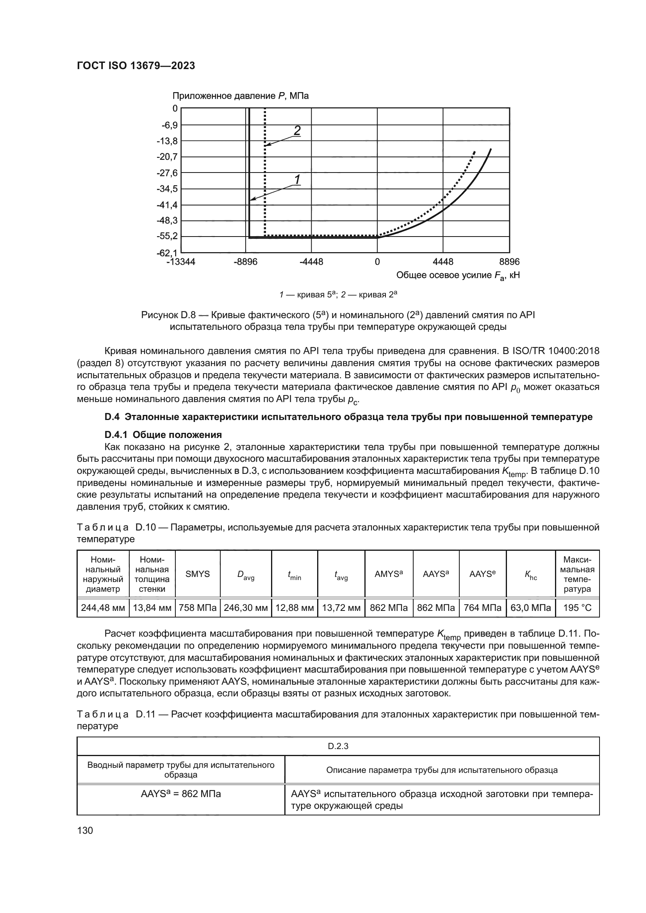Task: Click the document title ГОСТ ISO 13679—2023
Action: point(136,66)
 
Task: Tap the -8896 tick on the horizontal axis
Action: point(245,262)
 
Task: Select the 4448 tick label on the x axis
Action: point(443,262)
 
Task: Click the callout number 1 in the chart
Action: point(297,180)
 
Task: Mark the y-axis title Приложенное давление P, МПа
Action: point(240,96)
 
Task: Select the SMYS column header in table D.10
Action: point(197,574)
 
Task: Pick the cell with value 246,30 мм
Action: point(245,608)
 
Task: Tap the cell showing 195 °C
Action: point(577,608)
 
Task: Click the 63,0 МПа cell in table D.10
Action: point(530,608)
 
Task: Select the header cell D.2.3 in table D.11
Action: point(338,746)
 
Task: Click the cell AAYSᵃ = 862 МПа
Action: point(180,794)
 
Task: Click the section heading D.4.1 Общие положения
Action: point(163,434)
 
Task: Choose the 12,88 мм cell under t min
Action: point(294,608)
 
